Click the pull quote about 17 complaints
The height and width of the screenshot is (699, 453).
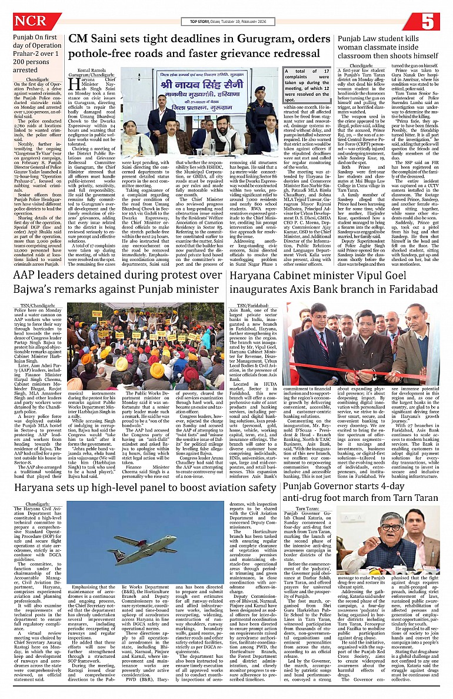click(x=304, y=84)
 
